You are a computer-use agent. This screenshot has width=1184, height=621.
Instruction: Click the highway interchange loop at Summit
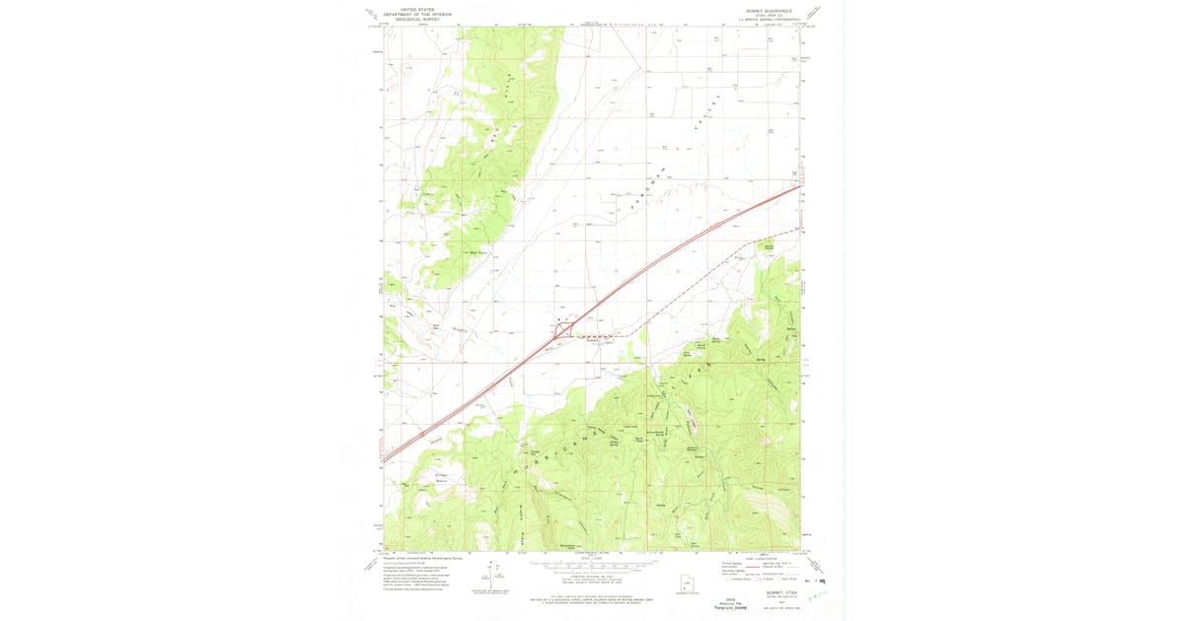click(561, 330)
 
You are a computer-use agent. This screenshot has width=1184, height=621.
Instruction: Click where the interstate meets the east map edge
click(799, 184)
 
